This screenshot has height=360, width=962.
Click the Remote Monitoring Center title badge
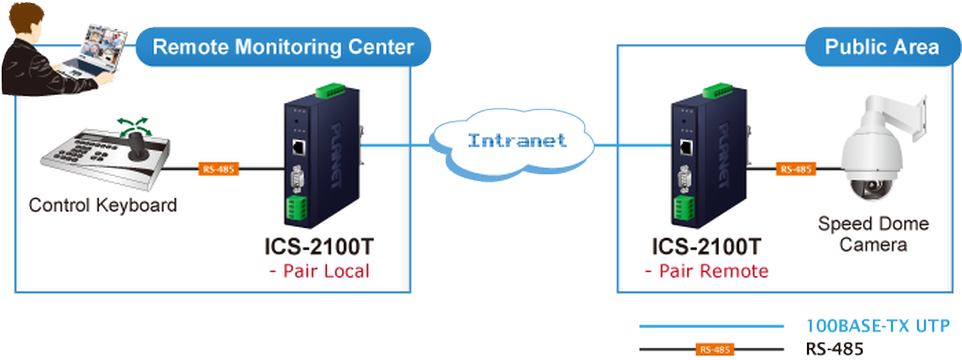pyautogui.click(x=283, y=47)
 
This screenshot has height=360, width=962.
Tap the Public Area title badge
pyautogui.click(x=882, y=47)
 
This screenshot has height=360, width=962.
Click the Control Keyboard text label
pyautogui.click(x=103, y=205)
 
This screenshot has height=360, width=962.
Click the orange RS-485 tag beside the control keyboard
pyautogui.click(x=219, y=169)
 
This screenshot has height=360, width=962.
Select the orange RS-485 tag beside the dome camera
pyautogui.click(x=796, y=169)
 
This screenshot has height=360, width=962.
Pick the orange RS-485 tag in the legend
pyautogui.click(x=715, y=350)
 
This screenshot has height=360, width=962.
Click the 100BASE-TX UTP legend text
pyautogui.click(x=878, y=326)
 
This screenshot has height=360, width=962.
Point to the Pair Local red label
pyautogui.click(x=319, y=271)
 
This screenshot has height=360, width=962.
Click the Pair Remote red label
pyautogui.click(x=707, y=271)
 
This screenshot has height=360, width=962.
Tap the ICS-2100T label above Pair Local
pyautogui.click(x=319, y=247)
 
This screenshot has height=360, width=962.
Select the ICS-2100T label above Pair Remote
pyautogui.click(x=706, y=247)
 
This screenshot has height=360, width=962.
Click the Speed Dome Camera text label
pyautogui.click(x=874, y=234)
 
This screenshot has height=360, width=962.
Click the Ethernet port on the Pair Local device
pyautogui.click(x=298, y=148)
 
